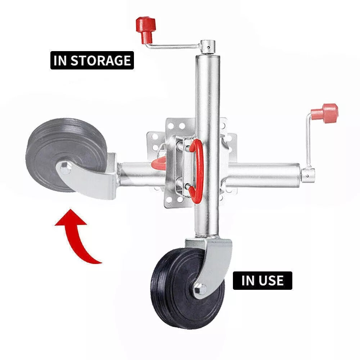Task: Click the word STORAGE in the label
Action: tap(100, 60)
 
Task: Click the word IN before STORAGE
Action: tap(60, 60)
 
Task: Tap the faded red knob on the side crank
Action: tap(325, 112)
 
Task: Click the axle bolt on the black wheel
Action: tap(200, 289)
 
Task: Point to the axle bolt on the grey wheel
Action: tap(65, 168)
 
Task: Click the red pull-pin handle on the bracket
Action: tap(197, 171)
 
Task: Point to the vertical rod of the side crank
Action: tap(309, 141)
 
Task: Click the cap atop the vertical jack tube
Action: tap(208, 47)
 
